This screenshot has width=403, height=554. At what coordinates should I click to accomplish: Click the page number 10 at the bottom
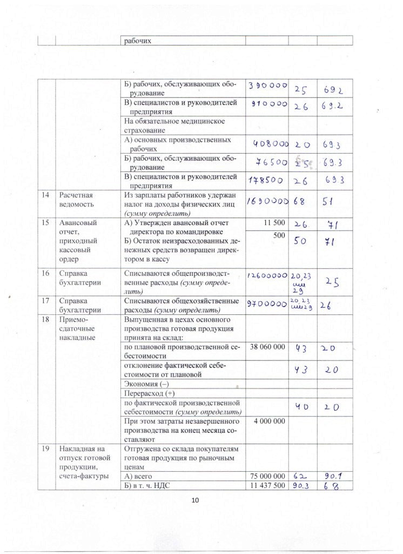point(196,500)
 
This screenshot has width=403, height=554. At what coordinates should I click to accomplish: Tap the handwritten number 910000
point(267,105)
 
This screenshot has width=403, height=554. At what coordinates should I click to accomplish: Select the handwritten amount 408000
point(271,144)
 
